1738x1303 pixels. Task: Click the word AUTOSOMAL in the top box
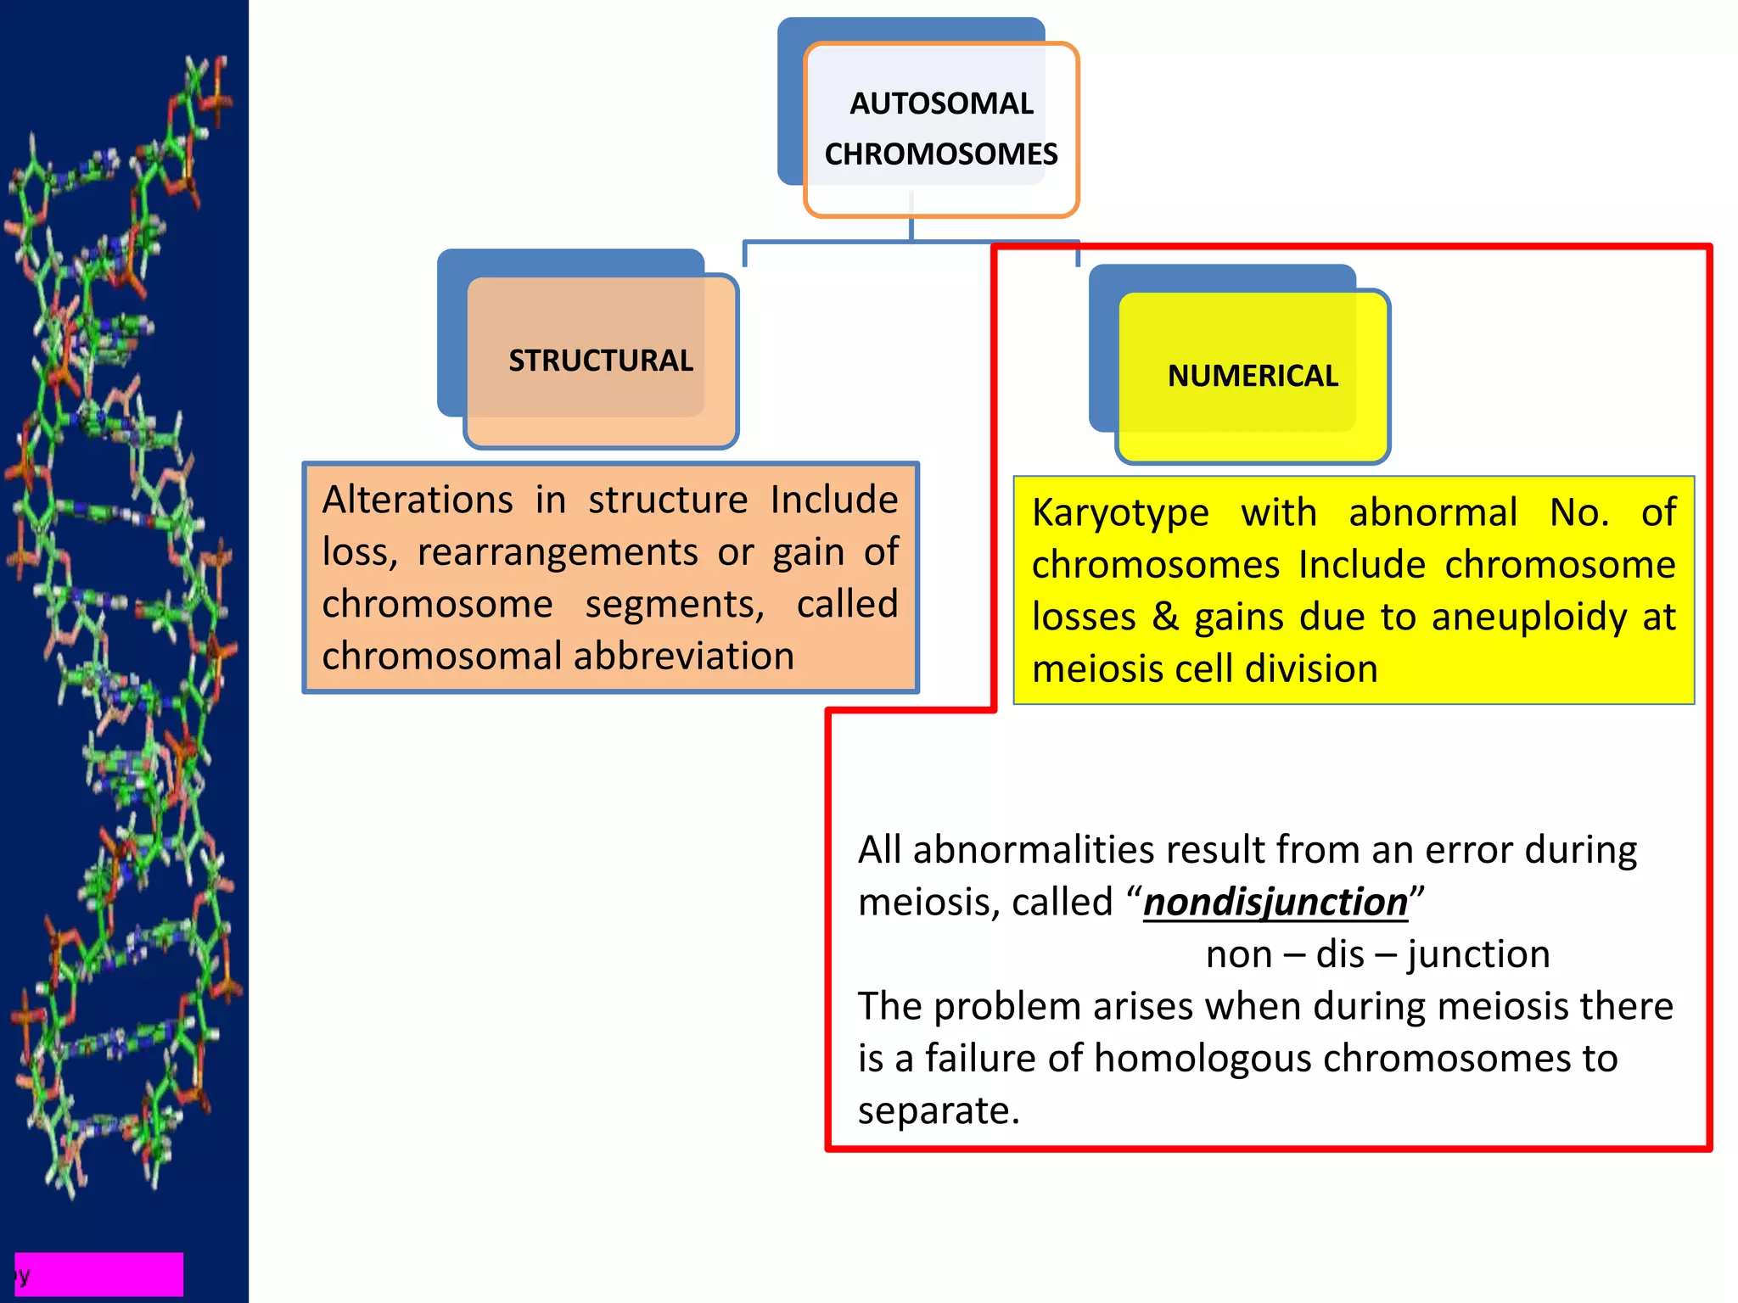pyautogui.click(x=941, y=103)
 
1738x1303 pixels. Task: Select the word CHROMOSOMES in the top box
pyautogui.click(x=941, y=154)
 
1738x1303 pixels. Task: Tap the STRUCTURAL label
pyautogui.click(x=601, y=361)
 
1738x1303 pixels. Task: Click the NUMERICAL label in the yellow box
pyautogui.click(x=1253, y=376)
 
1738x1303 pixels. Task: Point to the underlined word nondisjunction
pyautogui.click(x=1275, y=902)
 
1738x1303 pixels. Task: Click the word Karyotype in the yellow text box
pyautogui.click(x=1120, y=513)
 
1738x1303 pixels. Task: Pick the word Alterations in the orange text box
pyautogui.click(x=418, y=500)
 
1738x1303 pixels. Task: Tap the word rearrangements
pyautogui.click(x=558, y=552)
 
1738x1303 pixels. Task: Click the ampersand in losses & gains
pyautogui.click(x=1165, y=617)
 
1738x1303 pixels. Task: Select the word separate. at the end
pyautogui.click(x=939, y=1111)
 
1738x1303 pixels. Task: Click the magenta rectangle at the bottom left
pyautogui.click(x=99, y=1274)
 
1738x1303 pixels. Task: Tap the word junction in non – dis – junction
pyautogui.click(x=1477, y=954)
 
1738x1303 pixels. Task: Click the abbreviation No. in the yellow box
pyautogui.click(x=1578, y=512)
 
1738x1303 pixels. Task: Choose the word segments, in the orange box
pyautogui.click(x=675, y=605)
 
